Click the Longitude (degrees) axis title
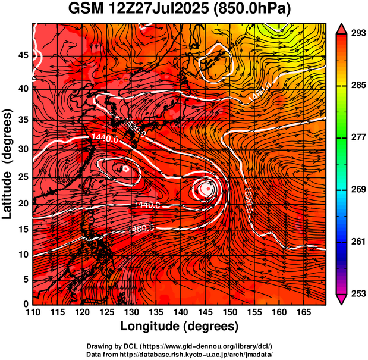pos(180,326)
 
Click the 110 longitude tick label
pos(33,312)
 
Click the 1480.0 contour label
pos(143,227)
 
